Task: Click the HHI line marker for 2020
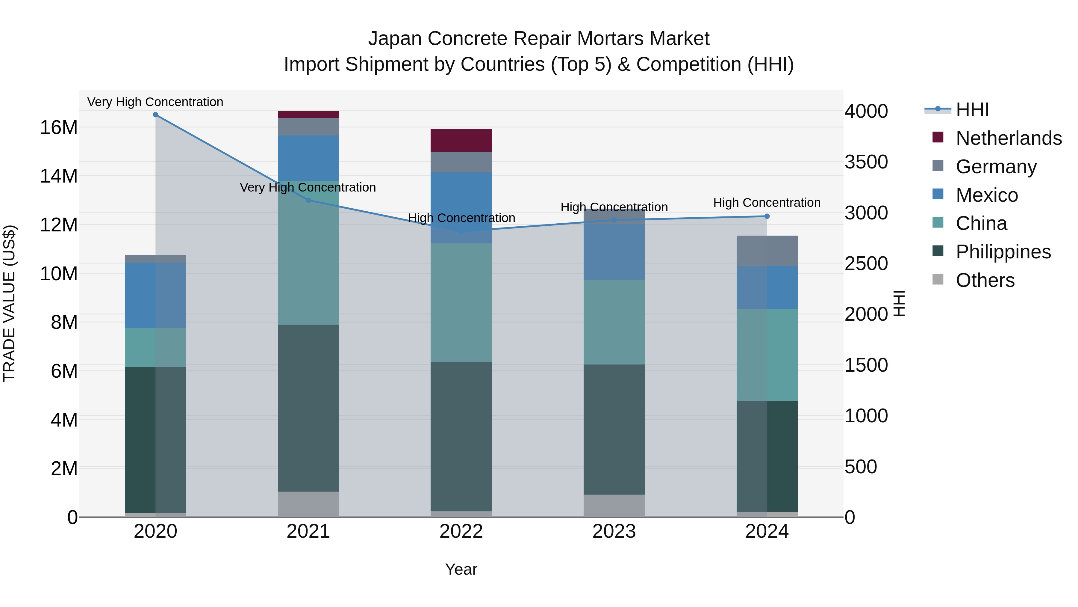tap(155, 115)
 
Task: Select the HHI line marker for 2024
tap(767, 216)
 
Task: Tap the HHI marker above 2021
tap(308, 200)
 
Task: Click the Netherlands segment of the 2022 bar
tap(461, 140)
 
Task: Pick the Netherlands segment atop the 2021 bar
tap(308, 115)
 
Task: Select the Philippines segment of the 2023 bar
tap(614, 429)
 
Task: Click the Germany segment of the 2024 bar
tap(767, 251)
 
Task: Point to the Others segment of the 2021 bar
tap(308, 504)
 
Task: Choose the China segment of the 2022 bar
tap(461, 302)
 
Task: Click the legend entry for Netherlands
tap(1009, 138)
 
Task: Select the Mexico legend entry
tap(987, 195)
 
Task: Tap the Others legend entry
tap(985, 280)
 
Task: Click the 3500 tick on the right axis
tap(866, 162)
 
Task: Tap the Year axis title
tap(461, 569)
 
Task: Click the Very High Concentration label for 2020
tap(155, 102)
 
